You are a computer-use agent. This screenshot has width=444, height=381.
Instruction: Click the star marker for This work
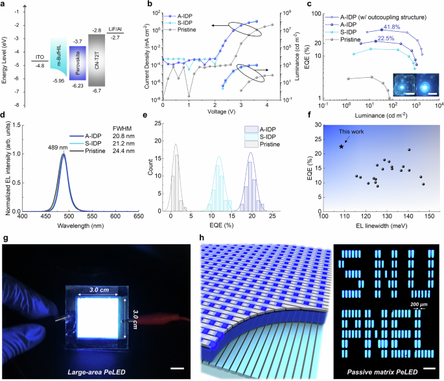pyautogui.click(x=341, y=146)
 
